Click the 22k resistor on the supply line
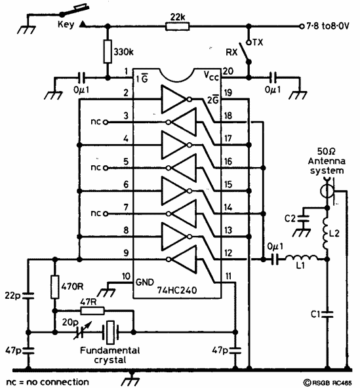point(177,26)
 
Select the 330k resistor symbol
point(108,51)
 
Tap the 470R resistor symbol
point(55,287)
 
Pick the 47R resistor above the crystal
point(92,311)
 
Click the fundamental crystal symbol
point(110,332)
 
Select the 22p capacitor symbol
point(28,296)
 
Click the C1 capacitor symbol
point(327,314)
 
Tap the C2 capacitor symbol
point(303,218)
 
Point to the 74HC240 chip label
point(177,290)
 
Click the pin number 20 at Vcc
point(228,71)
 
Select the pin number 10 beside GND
point(127,276)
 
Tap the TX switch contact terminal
point(249,43)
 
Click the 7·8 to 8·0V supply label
point(328,26)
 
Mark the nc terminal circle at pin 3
point(106,122)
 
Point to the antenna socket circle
point(327,191)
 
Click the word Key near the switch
point(66,24)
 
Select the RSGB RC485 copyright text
point(327,383)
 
